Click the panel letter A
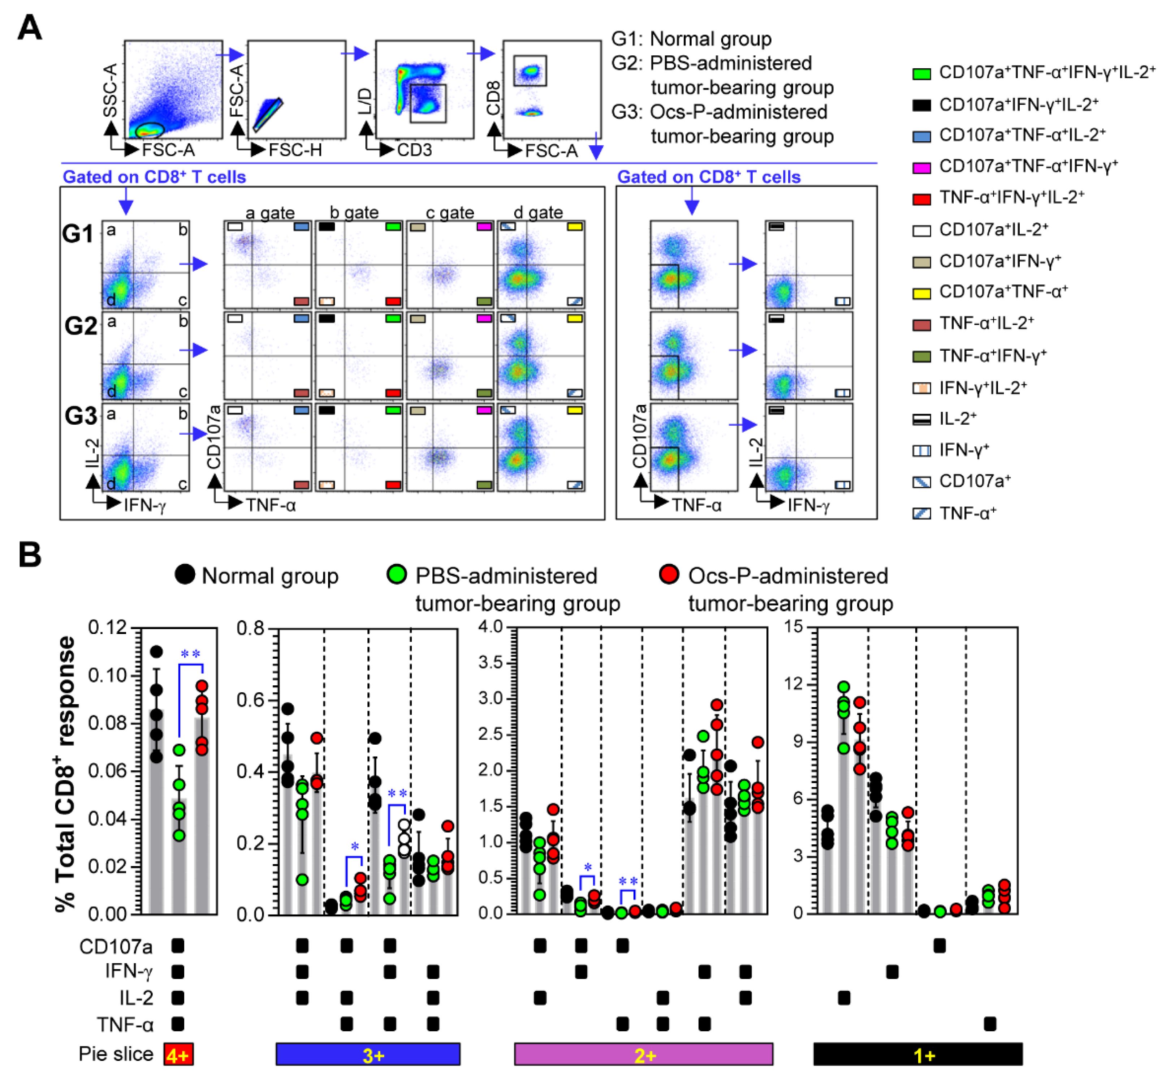point(29,27)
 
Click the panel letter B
point(29,554)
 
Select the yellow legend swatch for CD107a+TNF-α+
point(921,293)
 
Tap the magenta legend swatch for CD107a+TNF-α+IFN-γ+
point(921,168)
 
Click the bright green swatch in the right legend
point(921,74)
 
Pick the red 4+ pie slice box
point(178,1054)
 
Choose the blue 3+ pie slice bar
point(367,1054)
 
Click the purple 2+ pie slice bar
point(643,1054)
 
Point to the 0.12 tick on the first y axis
point(107,628)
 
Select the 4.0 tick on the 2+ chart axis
point(491,626)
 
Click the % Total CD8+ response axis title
point(66,774)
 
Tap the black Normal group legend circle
point(185,574)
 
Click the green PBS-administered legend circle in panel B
point(397,574)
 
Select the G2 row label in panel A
point(80,325)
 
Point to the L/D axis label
point(364,101)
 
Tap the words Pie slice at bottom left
point(115,1054)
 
